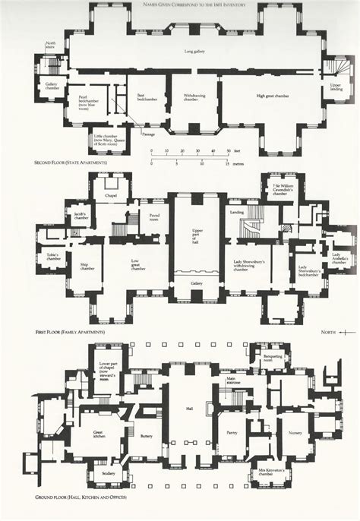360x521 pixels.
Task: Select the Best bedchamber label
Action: click(141, 96)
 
